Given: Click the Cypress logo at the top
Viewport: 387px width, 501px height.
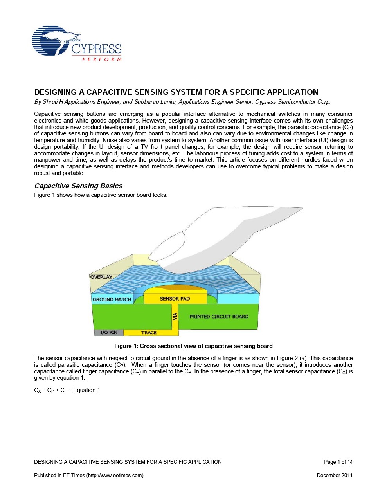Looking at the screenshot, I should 76,43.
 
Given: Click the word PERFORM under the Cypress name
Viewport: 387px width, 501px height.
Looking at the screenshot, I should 102,59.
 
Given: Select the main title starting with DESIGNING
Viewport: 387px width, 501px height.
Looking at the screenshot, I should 176,92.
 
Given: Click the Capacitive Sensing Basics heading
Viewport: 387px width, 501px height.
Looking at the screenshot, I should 78,186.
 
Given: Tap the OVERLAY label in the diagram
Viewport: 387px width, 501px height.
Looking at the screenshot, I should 101,277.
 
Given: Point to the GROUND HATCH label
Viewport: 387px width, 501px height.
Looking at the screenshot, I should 112,299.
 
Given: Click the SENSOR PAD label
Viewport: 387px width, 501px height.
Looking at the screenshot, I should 175,299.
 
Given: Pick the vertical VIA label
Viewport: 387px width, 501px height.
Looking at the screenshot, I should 175,316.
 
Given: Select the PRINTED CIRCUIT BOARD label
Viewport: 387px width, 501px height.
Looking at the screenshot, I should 219,317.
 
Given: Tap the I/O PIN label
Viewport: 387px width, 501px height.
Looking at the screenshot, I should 109,333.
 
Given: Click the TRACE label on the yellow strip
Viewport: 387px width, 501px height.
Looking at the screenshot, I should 149,333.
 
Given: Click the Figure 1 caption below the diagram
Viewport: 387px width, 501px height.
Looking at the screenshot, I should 193,346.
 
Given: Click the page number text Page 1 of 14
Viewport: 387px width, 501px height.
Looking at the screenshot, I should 338,462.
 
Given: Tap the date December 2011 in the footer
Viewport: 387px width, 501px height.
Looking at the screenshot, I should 335,475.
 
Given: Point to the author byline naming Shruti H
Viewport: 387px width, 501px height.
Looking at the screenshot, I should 182,102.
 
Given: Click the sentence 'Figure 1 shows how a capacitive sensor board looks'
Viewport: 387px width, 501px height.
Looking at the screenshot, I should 101,195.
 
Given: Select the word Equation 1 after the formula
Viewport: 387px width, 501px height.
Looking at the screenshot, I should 86,390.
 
